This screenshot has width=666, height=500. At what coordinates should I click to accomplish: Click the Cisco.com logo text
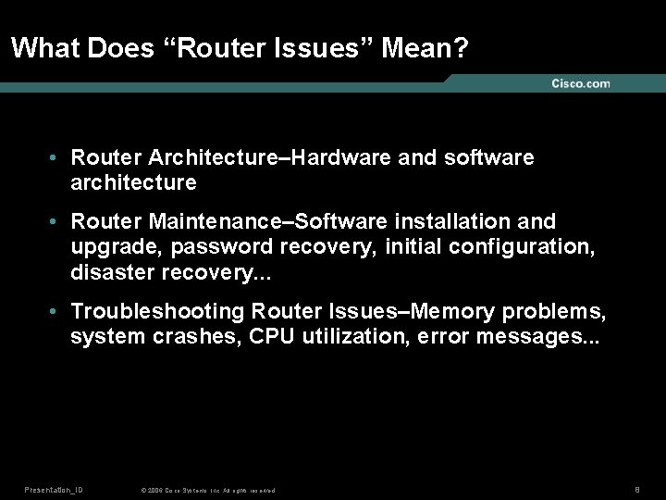pyautogui.click(x=581, y=84)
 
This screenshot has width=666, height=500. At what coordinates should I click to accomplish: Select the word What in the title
pyautogui.click(x=45, y=48)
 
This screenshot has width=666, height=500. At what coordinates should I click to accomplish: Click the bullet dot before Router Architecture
pyautogui.click(x=55, y=158)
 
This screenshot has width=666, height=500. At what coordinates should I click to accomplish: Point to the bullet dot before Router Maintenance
pyautogui.click(x=55, y=222)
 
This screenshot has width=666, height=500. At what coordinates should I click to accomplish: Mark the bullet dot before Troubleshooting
pyautogui.click(x=55, y=311)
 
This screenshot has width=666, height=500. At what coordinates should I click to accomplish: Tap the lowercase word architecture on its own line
pyautogui.click(x=133, y=182)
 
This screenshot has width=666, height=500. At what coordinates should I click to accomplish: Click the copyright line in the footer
pyautogui.click(x=207, y=490)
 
